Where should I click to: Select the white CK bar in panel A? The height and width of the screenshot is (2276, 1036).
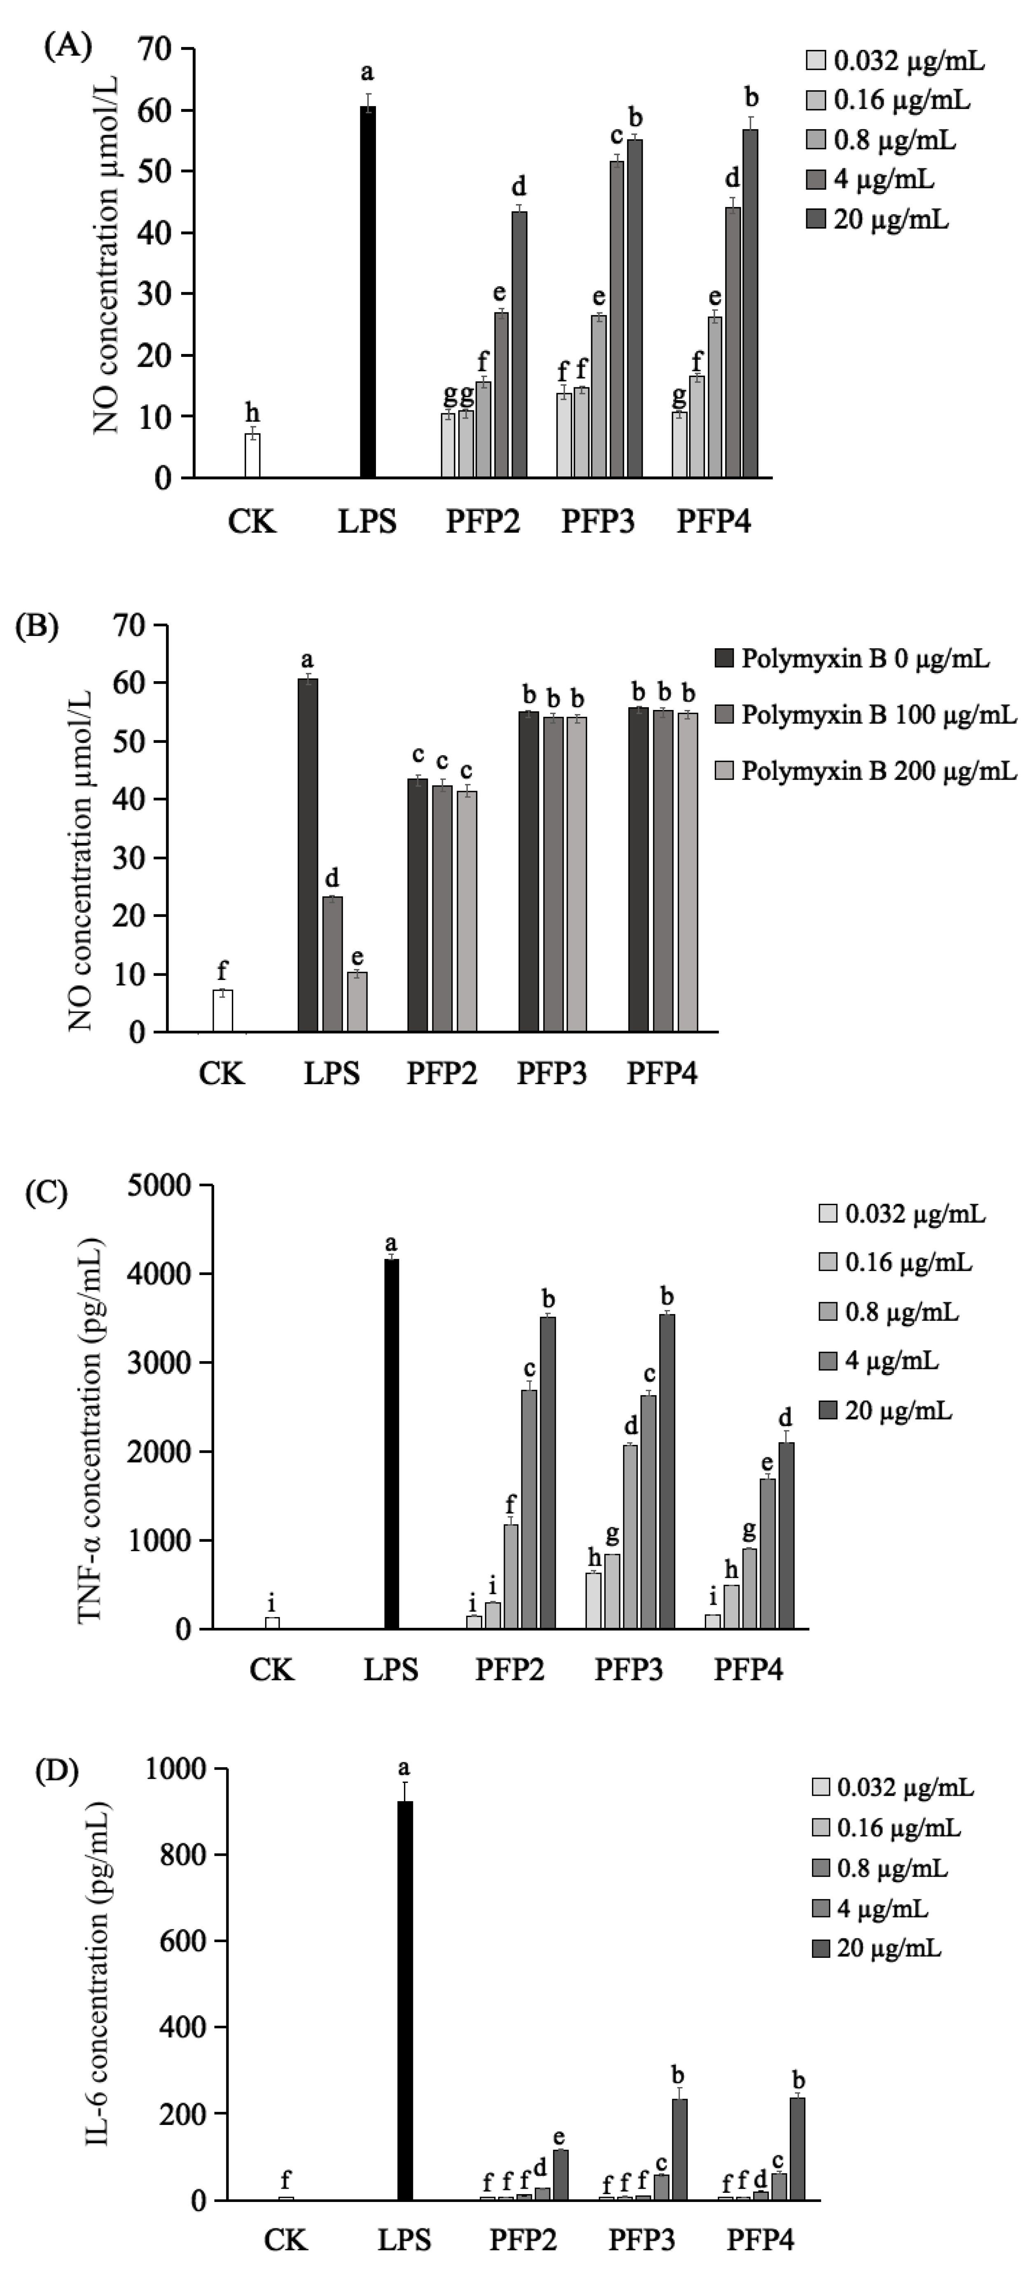pyautogui.click(x=252, y=455)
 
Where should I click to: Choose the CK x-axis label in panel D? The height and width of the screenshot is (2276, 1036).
pyautogui.click(x=285, y=2240)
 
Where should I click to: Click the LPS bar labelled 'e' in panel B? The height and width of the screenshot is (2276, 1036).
pyautogui.click(x=356, y=1002)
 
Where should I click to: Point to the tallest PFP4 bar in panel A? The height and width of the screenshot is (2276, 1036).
pyautogui.click(x=751, y=303)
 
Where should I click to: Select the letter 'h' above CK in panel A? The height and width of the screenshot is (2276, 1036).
pyautogui.click(x=252, y=413)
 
